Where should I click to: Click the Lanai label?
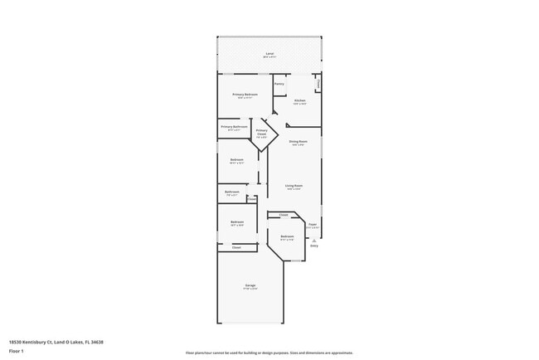[269, 54]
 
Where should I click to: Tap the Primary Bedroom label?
[245, 95]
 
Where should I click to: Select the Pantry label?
[279, 84]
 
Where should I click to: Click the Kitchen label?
[299, 100]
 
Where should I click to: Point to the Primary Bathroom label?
[234, 127]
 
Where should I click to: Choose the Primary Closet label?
[261, 132]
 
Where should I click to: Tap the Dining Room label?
[299, 142]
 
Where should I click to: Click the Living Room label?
[294, 186]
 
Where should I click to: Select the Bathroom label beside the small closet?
[232, 192]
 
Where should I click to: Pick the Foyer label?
[313, 225]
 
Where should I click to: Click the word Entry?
[314, 246]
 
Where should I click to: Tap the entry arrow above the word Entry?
[314, 239]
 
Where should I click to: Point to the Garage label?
[250, 285]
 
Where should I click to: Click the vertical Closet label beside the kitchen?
[319, 83]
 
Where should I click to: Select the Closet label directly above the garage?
[236, 247]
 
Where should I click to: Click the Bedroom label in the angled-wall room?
[287, 236]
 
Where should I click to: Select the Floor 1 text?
[17, 351]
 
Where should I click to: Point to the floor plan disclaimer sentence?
[269, 353]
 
